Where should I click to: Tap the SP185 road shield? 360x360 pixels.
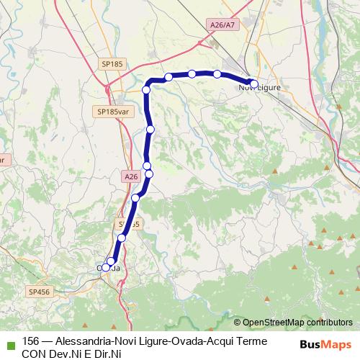point(111,65)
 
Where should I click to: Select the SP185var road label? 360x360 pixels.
point(112,112)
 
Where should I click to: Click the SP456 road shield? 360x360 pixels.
point(39,292)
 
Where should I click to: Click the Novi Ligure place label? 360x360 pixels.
point(258,87)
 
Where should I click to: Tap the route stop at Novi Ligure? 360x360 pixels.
point(253,84)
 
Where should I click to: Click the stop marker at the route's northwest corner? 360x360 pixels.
point(146,89)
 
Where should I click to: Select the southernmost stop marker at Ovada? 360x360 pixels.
point(106,268)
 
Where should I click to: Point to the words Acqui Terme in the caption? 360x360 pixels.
point(236,341)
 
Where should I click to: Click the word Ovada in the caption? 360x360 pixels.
point(180,341)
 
